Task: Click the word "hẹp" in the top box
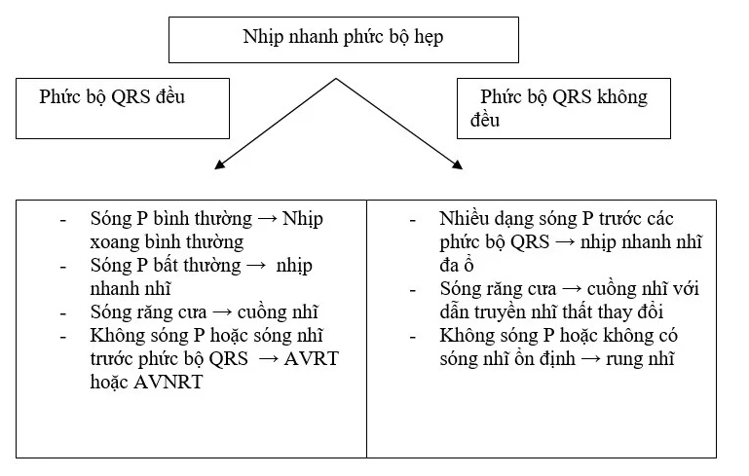[429, 37]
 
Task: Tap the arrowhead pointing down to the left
[219, 165]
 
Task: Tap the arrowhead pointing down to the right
[457, 165]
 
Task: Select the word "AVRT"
[311, 358]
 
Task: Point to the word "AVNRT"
[168, 382]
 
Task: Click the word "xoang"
[114, 242]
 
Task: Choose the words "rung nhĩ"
[640, 359]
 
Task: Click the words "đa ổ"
[457, 265]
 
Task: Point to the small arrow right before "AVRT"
[268, 359]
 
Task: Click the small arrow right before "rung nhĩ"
[590, 359]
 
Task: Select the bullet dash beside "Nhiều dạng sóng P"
[413, 221]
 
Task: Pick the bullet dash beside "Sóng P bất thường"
[63, 267]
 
